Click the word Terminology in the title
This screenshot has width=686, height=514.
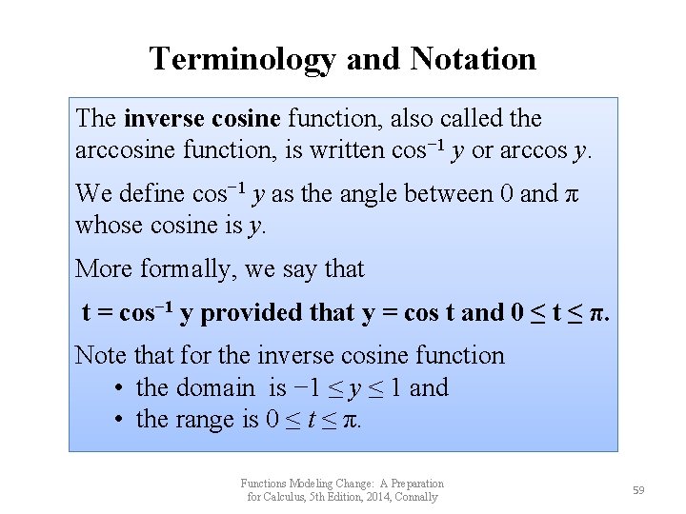(x=242, y=59)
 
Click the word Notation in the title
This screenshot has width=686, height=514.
(x=473, y=59)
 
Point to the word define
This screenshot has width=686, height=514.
(x=151, y=194)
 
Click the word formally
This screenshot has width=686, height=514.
(x=187, y=269)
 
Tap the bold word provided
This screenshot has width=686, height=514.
(x=252, y=313)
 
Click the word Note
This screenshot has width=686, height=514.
(x=99, y=356)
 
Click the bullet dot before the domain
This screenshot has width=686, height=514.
(x=116, y=388)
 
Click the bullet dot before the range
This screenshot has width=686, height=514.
(x=116, y=420)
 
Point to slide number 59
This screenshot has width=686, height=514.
(x=638, y=490)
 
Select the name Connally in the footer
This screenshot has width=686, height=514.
(x=416, y=497)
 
